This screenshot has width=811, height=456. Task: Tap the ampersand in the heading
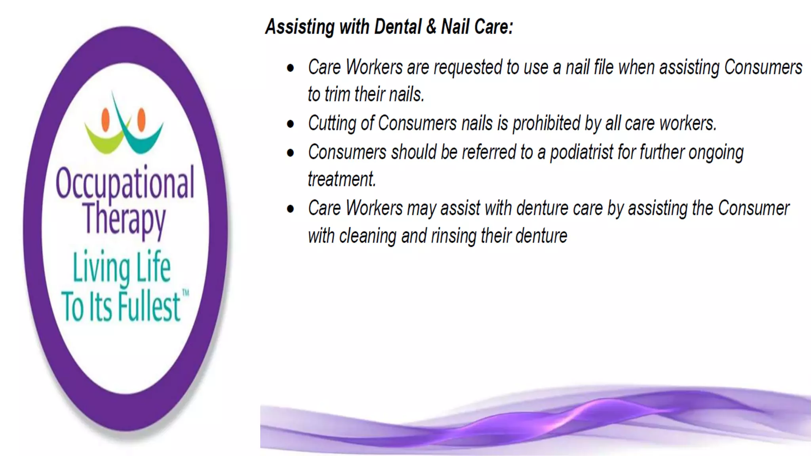pos(431,27)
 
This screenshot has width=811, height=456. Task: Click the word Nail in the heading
pos(455,27)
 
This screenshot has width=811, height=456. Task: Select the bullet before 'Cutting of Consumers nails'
pos(291,124)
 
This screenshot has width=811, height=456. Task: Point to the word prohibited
pos(546,124)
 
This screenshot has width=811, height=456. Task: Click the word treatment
pos(341,179)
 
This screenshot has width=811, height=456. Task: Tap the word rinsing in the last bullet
pos(454,236)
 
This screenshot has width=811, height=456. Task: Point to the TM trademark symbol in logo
pos(185,293)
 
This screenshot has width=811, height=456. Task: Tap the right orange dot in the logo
pos(141,119)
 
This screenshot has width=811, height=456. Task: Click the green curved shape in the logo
pos(104,141)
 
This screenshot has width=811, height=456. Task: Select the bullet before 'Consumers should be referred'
pos(291,153)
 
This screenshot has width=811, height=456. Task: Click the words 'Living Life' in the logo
pos(122,268)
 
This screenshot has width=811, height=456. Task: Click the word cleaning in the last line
pos(367,236)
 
